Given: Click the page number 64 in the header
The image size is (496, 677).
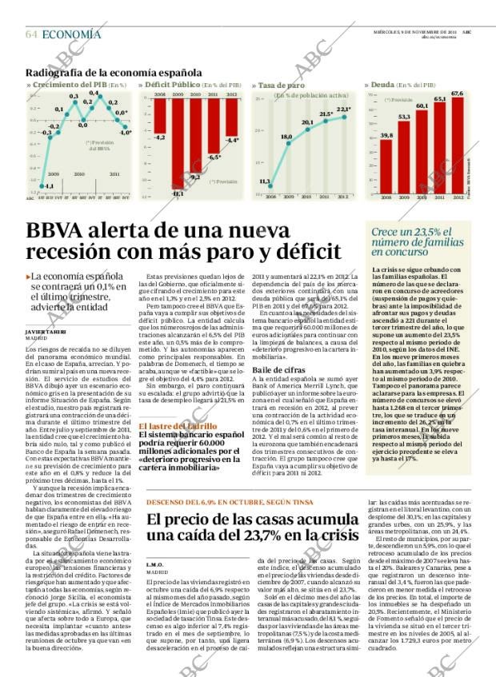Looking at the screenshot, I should pyautogui.click(x=31, y=34).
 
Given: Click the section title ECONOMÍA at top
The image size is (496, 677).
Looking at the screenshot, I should pyautogui.click(x=71, y=34).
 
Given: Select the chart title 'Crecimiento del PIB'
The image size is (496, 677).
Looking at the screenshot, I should pyautogui.click(x=68, y=85).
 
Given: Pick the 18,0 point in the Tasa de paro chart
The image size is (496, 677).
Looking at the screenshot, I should pyautogui.click(x=286, y=137).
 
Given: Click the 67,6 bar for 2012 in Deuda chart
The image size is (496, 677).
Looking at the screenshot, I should pyautogui.click(x=458, y=144).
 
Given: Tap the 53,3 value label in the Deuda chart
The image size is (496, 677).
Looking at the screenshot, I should pyautogui.click(x=404, y=117).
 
